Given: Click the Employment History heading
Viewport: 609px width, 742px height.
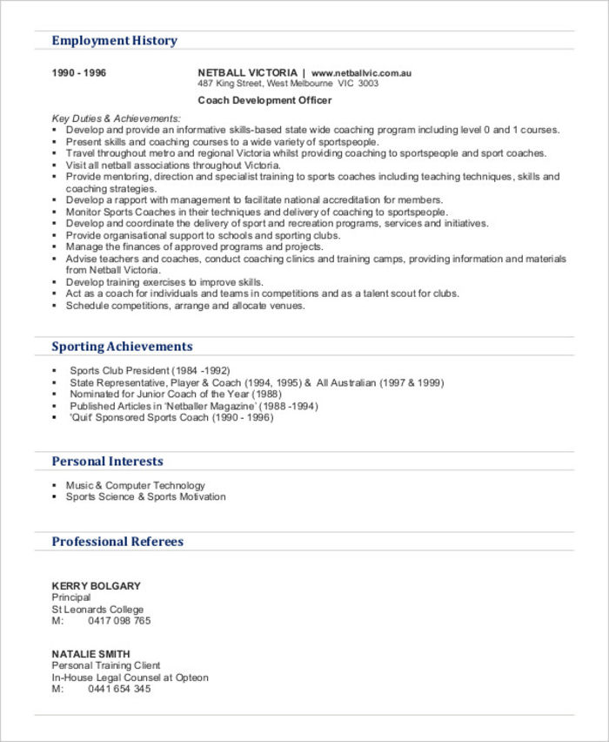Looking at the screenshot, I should coord(114,41).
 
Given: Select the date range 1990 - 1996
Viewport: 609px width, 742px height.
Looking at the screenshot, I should coord(79,73).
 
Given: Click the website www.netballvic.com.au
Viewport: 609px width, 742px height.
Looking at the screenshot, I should coord(361,73).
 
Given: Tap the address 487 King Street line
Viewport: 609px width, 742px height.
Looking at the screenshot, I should coord(288,84).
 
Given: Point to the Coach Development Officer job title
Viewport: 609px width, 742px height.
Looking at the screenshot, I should coord(264,101).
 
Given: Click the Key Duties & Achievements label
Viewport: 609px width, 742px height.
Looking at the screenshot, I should coord(117,118).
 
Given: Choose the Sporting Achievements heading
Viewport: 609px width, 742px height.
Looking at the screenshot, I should coord(122,347).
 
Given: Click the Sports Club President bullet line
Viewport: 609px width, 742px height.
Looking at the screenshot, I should coord(150,371).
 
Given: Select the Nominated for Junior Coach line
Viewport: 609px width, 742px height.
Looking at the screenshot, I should coord(169,395).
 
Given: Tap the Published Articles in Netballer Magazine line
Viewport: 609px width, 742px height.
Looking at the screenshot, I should coord(193,406).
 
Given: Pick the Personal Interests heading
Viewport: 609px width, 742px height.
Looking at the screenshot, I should coord(107,462).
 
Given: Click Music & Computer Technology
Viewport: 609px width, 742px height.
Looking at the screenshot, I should coord(136,486).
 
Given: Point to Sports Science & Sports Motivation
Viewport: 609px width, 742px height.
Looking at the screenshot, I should coord(145,497).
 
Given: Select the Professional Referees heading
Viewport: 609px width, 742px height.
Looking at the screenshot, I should coord(117,542).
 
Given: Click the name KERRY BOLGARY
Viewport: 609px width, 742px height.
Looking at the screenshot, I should coord(96,586).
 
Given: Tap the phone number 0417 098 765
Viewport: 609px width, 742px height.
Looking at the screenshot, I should coord(119,621).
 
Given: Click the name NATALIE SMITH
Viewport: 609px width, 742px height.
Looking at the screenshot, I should coord(91,654).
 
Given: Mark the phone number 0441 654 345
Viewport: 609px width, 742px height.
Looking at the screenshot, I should coord(119,689).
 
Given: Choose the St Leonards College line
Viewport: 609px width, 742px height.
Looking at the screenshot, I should coord(97,610).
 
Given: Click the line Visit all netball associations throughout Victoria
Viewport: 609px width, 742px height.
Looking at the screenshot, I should coord(173,165).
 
